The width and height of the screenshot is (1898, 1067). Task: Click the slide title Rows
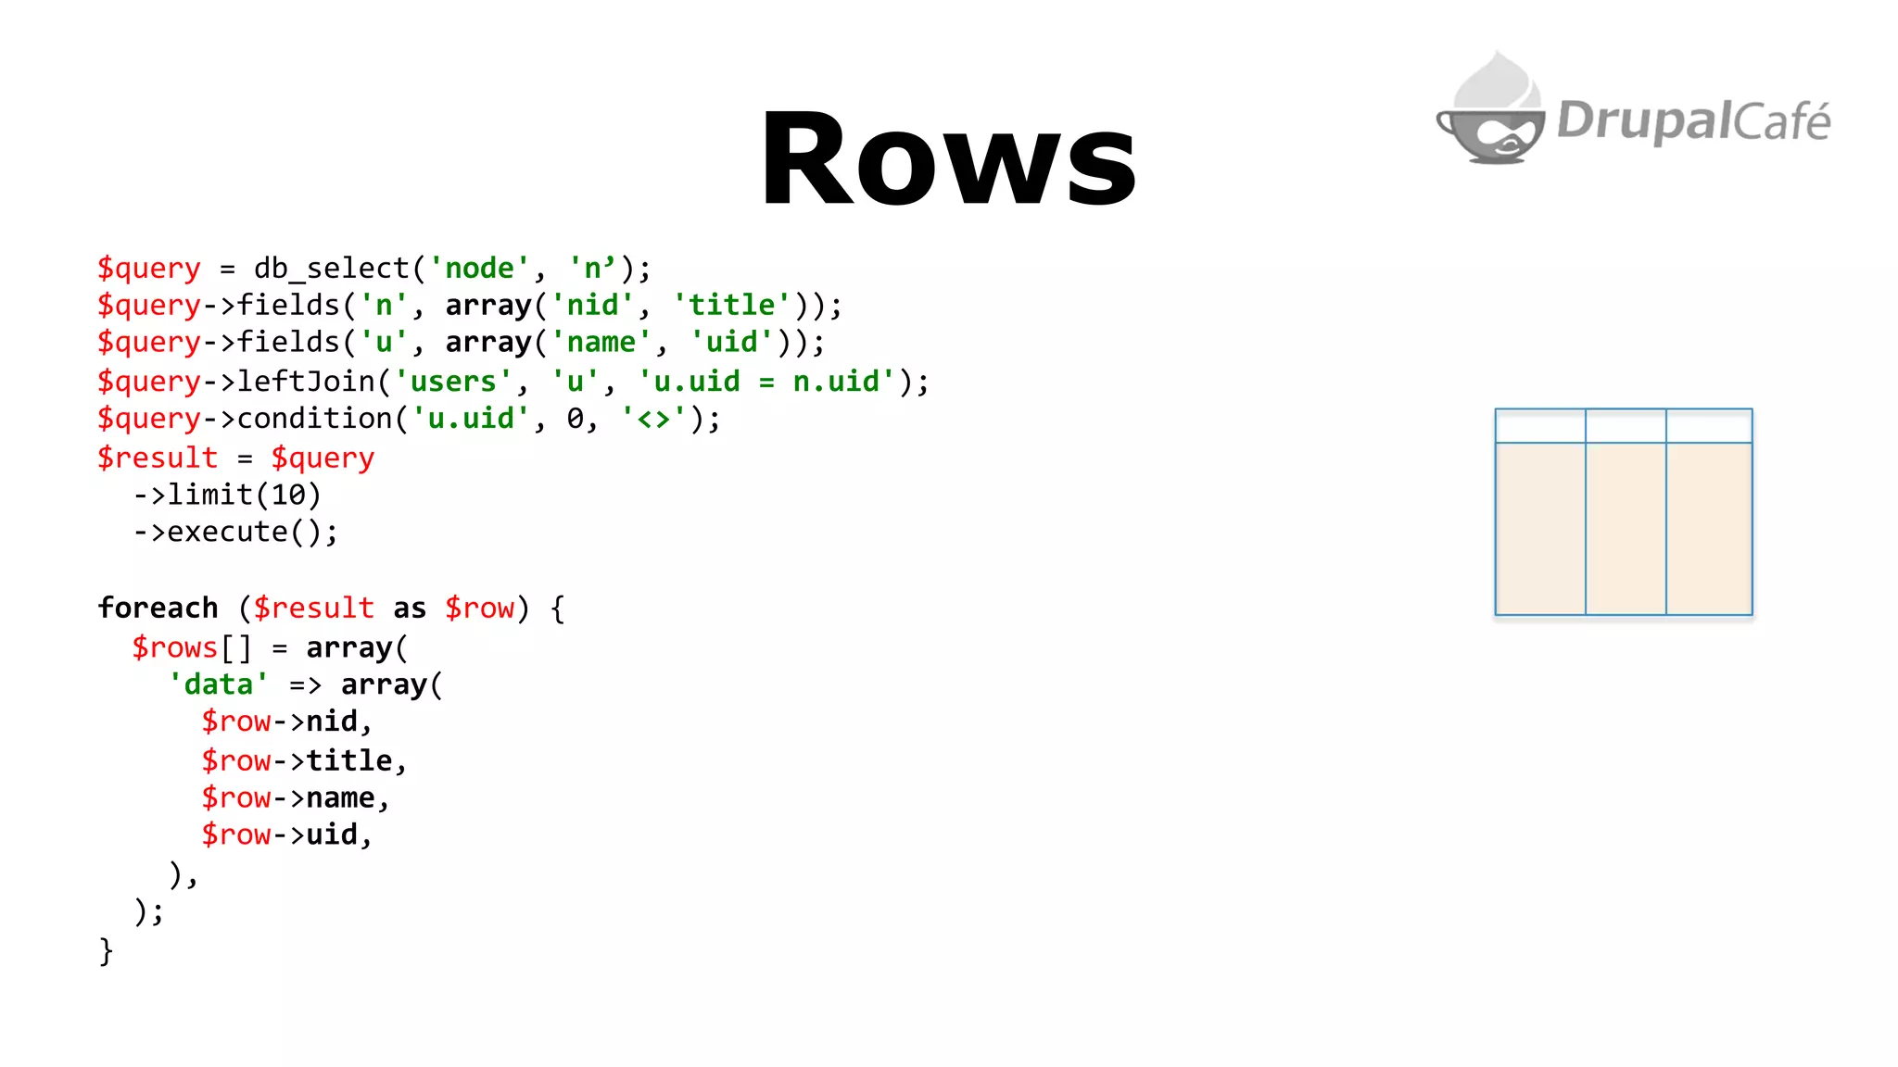[x=948, y=158]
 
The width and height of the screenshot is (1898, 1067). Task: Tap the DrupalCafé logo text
[x=1693, y=121]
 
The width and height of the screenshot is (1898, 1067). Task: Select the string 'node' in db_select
[x=479, y=269]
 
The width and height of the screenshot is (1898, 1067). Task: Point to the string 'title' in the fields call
[x=732, y=306]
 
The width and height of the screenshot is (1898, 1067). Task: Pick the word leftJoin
[x=306, y=382]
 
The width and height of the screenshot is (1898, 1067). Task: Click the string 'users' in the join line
[x=453, y=382]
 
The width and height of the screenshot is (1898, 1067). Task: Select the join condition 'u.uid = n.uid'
[x=767, y=382]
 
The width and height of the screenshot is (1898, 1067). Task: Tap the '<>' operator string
[x=653, y=419]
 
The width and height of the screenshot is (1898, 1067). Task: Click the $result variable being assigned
[x=158, y=458]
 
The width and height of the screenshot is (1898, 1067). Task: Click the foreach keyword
[x=158, y=608]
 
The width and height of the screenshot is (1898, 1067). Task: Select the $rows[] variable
[x=191, y=647]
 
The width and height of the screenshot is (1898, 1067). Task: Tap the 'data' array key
[x=219, y=684]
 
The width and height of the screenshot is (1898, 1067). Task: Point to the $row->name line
[x=295, y=797]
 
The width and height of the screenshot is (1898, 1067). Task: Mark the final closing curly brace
[x=106, y=950]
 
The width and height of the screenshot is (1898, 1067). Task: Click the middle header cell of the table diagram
[x=1626, y=426]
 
